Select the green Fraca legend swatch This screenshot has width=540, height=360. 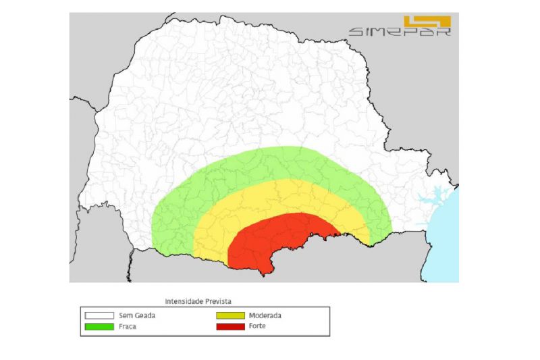[99, 326]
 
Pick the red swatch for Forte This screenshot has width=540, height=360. [230, 326]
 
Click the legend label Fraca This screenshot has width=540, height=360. [128, 326]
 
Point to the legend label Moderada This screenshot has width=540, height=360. [265, 315]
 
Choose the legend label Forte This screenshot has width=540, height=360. [256, 326]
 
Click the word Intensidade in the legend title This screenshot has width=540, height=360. [184, 301]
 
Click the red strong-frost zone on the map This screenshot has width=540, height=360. [270, 243]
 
